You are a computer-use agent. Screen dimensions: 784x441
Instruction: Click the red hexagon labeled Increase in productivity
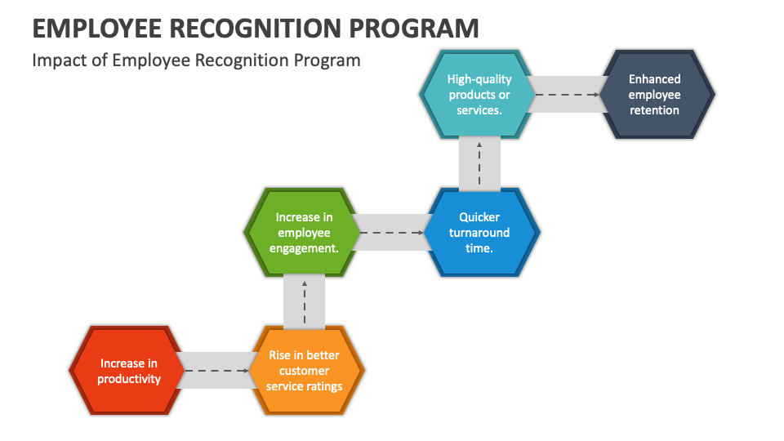click(127, 371)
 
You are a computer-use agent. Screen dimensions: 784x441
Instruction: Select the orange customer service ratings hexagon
click(305, 371)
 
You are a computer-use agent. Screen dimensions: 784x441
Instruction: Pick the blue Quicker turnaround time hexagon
click(479, 233)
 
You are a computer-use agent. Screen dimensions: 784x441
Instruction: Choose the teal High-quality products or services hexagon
click(479, 95)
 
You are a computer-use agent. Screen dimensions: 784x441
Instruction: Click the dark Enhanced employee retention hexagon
click(656, 95)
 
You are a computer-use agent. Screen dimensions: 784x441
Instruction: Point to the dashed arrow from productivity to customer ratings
click(216, 371)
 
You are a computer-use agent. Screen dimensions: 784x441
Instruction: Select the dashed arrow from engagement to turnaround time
click(391, 233)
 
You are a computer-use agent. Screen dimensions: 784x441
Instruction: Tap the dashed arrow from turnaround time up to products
click(479, 164)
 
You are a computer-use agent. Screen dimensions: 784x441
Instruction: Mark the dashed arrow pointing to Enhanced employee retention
click(567, 95)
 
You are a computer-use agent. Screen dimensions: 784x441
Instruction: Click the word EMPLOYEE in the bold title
click(97, 29)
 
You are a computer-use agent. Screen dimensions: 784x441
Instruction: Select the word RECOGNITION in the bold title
click(255, 29)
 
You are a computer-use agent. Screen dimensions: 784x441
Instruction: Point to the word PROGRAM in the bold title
click(414, 29)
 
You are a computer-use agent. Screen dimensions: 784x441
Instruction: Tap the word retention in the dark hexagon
click(654, 110)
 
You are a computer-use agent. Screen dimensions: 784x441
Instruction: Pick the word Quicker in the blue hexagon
click(479, 217)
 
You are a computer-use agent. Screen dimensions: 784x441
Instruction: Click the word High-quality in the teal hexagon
click(479, 79)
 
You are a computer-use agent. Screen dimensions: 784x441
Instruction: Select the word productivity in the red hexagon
click(129, 380)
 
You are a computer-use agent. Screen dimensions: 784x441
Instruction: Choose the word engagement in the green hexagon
click(304, 248)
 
